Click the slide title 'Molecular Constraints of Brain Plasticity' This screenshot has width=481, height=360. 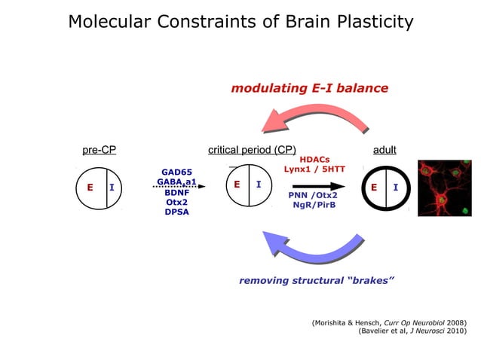tap(240, 21)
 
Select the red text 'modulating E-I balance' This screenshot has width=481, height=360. tap(309, 88)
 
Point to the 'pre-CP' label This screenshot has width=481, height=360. tap(99, 149)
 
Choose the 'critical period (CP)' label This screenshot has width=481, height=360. tap(252, 149)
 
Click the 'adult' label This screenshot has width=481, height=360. tap(384, 149)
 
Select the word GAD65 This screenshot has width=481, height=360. tap(177, 172)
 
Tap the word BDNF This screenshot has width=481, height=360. tap(177, 192)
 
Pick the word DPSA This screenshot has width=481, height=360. tap(177, 212)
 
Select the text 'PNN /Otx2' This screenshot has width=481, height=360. tap(313, 195)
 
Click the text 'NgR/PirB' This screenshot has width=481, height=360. tap(314, 205)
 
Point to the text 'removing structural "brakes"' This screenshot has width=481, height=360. tap(317, 281)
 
